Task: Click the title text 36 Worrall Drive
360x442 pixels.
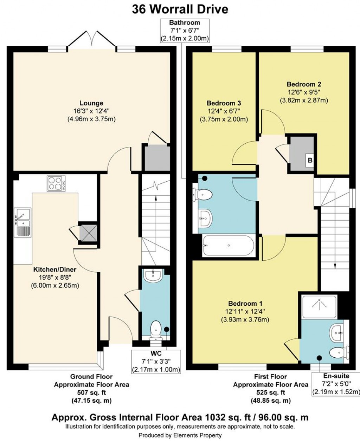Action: pos(180,9)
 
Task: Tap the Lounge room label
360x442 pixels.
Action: pos(91,103)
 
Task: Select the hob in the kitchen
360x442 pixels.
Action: pos(56,183)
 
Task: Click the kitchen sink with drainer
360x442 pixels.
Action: pos(23,222)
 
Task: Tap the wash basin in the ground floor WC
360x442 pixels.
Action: pos(152,275)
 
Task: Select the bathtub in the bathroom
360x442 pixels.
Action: pos(228,246)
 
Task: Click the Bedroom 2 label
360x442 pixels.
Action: pos(304,84)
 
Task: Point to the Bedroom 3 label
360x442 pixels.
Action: pos(224,103)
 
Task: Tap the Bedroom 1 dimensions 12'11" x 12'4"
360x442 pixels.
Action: pos(245,311)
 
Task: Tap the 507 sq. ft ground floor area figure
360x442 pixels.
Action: pos(91,392)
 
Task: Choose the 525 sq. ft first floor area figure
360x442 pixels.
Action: pos(270,392)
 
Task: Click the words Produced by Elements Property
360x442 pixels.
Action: pos(180,435)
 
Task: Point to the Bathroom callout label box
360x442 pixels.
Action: pos(185,31)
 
